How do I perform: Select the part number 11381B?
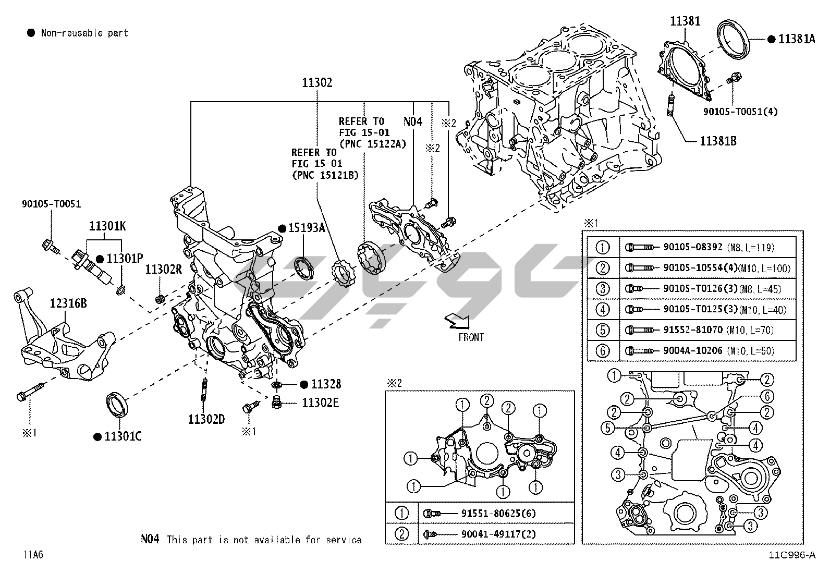click(x=718, y=141)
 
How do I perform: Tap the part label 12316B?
click(x=68, y=303)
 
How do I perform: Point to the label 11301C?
click(x=123, y=436)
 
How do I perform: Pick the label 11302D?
click(x=206, y=419)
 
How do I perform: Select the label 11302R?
click(x=163, y=269)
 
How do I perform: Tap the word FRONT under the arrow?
click(x=471, y=337)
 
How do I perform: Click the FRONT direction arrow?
click(x=457, y=321)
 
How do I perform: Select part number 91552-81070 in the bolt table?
click(x=692, y=330)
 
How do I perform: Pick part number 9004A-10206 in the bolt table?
click(x=692, y=350)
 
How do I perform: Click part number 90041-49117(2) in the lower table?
click(x=498, y=534)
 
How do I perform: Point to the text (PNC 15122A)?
click(x=372, y=143)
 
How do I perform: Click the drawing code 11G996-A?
click(x=791, y=555)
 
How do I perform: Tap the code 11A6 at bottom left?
click(x=33, y=555)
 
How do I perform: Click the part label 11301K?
click(x=107, y=226)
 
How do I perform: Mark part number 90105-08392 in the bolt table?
click(x=692, y=247)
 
